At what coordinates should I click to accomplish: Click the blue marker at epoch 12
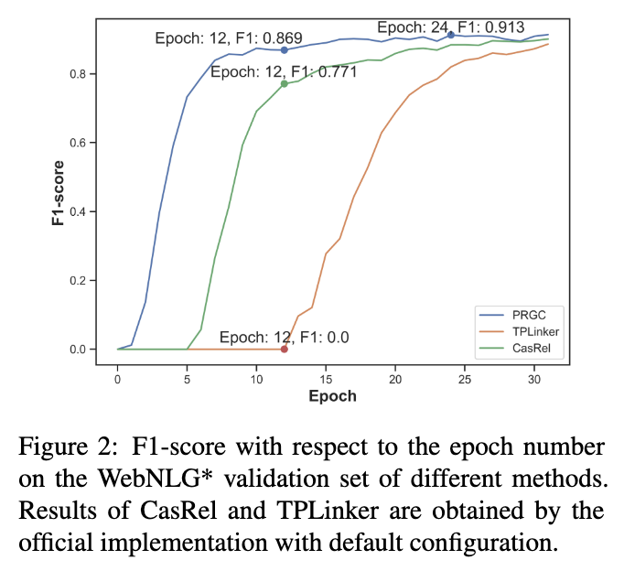point(285,50)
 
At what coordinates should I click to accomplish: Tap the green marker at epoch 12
point(285,83)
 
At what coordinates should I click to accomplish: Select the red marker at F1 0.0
point(285,349)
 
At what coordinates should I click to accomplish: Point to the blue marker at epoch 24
point(451,35)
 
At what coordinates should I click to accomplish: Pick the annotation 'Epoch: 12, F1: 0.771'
point(284,71)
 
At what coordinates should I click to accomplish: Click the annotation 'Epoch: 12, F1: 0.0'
point(285,336)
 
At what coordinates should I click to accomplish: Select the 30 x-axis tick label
point(534,379)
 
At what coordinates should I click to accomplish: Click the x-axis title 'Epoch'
point(332,397)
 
